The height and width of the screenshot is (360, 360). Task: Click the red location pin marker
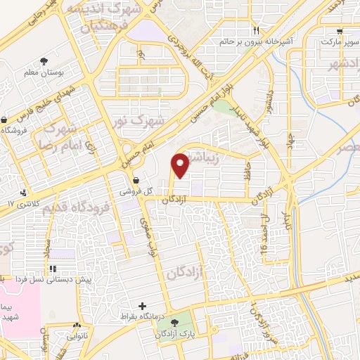click(180, 165)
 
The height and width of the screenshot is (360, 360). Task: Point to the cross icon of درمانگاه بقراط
click(143, 306)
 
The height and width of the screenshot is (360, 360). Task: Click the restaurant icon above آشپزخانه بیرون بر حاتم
click(257, 30)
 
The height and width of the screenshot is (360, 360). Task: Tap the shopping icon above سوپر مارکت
click(340, 31)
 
